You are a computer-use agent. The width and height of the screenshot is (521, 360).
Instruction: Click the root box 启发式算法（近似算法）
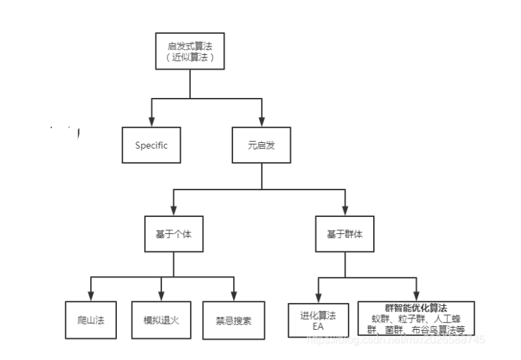pyautogui.click(x=190, y=51)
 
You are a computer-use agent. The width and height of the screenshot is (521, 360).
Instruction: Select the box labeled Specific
pyautogui.click(x=152, y=146)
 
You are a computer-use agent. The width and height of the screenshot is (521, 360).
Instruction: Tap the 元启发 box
pyautogui.click(x=261, y=146)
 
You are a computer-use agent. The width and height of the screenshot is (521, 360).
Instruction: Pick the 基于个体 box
pyautogui.click(x=173, y=235)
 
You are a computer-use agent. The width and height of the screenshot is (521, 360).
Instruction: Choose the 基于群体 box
pyautogui.click(x=345, y=235)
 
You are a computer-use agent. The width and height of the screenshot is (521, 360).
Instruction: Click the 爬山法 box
pyautogui.click(x=90, y=320)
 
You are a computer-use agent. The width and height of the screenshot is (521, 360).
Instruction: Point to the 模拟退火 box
pyautogui.click(x=162, y=320)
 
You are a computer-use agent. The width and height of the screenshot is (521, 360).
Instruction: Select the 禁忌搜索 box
pyautogui.click(x=234, y=320)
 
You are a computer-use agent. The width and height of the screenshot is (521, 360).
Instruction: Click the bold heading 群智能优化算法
pyautogui.click(x=417, y=308)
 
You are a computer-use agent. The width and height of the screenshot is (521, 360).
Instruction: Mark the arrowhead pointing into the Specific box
pyautogui.click(x=152, y=121)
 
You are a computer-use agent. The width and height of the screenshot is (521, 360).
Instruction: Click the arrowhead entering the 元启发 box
pyautogui.click(x=261, y=121)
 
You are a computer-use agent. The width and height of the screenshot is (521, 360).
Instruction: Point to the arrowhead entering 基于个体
pyautogui.click(x=173, y=210)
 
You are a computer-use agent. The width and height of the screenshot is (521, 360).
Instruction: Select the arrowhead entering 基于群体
pyautogui.click(x=345, y=210)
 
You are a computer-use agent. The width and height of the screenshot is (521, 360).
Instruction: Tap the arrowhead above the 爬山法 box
pyautogui.click(x=90, y=296)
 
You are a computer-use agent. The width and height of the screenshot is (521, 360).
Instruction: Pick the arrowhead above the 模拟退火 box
pyautogui.click(x=162, y=296)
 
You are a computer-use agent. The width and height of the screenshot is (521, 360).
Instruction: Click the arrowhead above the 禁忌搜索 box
pyautogui.click(x=234, y=296)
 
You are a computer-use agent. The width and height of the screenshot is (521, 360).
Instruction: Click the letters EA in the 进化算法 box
pyautogui.click(x=318, y=326)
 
